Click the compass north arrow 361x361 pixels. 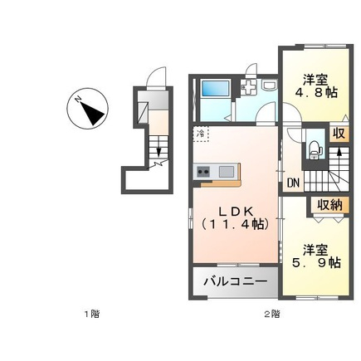pyautogui.click(x=92, y=111)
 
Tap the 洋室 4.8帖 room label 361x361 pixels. pyautogui.click(x=316, y=86)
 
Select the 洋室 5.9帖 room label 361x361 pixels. pyautogui.click(x=316, y=256)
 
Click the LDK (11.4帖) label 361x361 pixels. pyautogui.click(x=236, y=218)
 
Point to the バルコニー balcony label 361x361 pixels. pyautogui.click(x=236, y=282)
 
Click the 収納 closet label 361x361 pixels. pyautogui.click(x=329, y=205)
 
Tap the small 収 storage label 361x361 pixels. pyautogui.click(x=339, y=134)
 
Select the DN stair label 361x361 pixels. pyautogui.click(x=293, y=183)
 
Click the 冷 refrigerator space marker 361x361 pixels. pyautogui.click(x=201, y=134)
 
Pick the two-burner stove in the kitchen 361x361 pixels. pyautogui.click(x=203, y=172)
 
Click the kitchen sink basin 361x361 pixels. pyautogui.click(x=227, y=172)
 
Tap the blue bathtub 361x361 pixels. pyautogui.click(x=216, y=88)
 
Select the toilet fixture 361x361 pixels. pyautogui.click(x=315, y=149)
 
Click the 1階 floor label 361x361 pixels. pyautogui.click(x=92, y=314)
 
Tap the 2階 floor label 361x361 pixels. pyautogui.click(x=272, y=314)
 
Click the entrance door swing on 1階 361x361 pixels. pyautogui.click(x=156, y=76)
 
